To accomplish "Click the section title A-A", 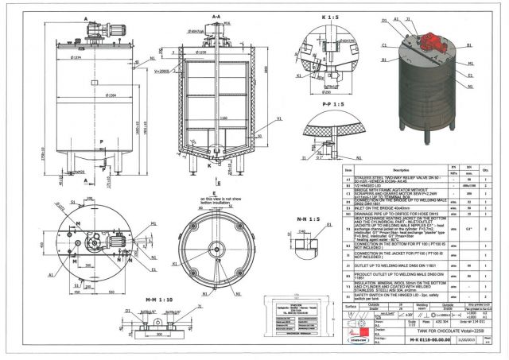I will tap(216, 16).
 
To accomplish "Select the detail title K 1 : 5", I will tap(329, 15).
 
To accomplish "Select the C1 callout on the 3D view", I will tap(384, 45).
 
